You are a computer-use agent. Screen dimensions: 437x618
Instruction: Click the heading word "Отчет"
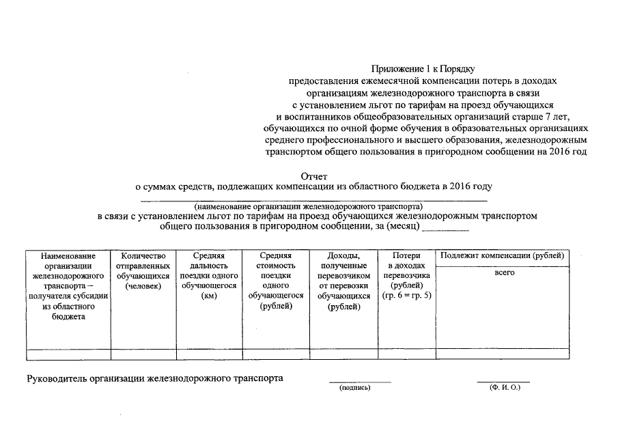[314, 176]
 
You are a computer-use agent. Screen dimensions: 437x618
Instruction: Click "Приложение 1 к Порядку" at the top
[423, 68]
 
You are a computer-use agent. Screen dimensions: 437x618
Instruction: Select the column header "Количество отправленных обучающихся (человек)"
[143, 270]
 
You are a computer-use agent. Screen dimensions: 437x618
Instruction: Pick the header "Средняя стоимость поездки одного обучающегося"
[276, 281]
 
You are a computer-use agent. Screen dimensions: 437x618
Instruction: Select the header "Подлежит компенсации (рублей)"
[503, 256]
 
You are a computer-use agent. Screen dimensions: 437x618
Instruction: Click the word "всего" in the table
[504, 273]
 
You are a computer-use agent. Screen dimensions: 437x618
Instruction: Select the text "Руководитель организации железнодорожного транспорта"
[154, 378]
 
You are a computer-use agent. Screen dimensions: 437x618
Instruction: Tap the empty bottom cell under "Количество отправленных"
[143, 354]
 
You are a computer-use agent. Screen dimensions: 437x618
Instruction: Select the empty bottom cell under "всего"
[504, 354]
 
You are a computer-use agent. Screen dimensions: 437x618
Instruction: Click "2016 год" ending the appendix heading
[567, 152]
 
